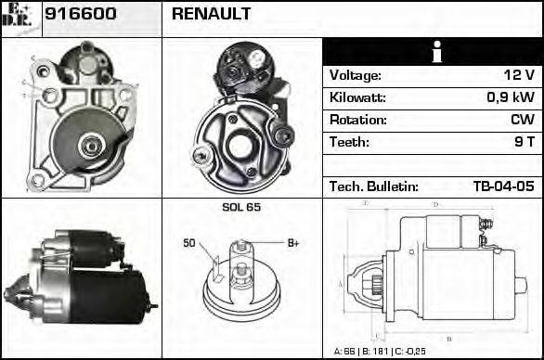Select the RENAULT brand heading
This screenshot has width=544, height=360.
coord(210,15)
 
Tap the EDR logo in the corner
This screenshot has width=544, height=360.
coord(20,17)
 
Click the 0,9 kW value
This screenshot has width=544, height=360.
coord(510,97)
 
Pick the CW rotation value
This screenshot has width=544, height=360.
coord(522,120)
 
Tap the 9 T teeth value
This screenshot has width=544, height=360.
coord(524,142)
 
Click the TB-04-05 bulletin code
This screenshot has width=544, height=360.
coord(503,186)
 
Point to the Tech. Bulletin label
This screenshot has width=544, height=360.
coord(373,186)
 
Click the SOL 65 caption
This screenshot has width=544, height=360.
coord(241,207)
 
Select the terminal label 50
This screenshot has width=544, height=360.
coord(189,243)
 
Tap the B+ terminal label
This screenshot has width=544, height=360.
coord(292,243)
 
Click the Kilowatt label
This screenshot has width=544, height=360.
coord(357,97)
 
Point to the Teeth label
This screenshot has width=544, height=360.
coord(349,142)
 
